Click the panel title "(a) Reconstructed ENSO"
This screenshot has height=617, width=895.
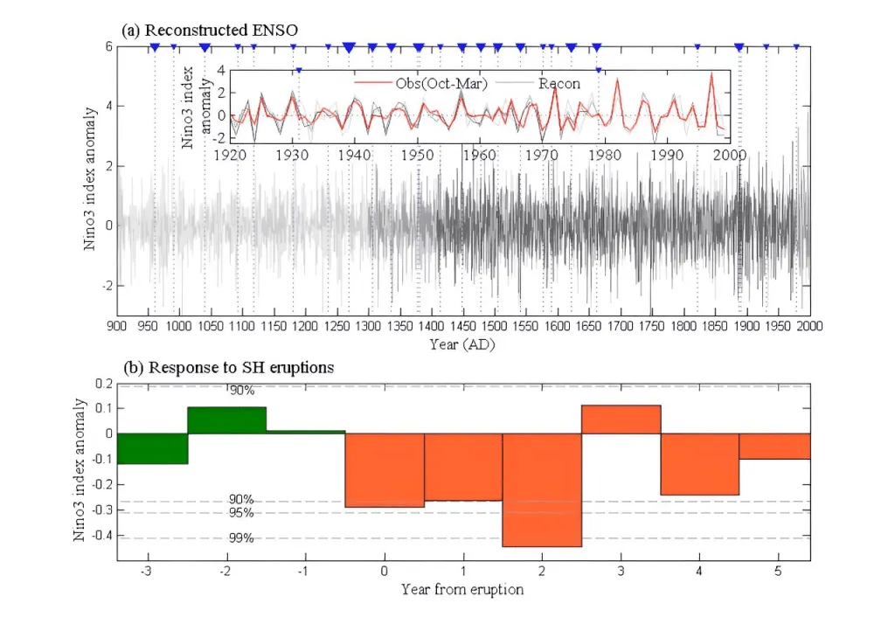(x=210, y=30)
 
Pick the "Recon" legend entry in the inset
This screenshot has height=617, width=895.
(x=559, y=83)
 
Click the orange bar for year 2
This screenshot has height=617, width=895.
(x=542, y=489)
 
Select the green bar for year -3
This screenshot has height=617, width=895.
(x=152, y=448)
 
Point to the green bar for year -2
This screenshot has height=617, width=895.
(x=227, y=420)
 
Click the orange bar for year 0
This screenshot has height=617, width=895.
(x=385, y=470)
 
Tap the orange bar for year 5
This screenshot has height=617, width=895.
(x=774, y=446)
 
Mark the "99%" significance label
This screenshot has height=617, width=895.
(x=241, y=538)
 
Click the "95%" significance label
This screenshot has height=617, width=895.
(x=241, y=512)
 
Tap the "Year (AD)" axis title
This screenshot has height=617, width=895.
(x=463, y=344)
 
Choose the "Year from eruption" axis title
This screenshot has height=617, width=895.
(x=462, y=589)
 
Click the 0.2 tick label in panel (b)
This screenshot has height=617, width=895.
(x=104, y=384)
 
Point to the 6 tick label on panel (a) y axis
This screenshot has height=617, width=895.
(x=108, y=46)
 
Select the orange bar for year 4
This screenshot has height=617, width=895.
(x=699, y=464)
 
